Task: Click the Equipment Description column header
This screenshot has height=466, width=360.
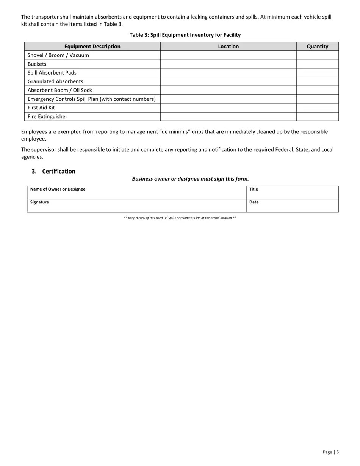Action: (92, 46)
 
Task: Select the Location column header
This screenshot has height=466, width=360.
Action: (228, 46)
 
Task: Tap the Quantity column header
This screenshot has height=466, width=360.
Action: (317, 46)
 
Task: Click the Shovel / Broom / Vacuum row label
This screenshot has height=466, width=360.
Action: (58, 55)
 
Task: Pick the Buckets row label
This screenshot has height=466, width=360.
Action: (37, 64)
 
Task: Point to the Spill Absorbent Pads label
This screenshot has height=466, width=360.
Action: (52, 73)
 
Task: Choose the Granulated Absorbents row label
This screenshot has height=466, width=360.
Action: (55, 81)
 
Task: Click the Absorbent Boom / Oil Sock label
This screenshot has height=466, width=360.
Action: (60, 90)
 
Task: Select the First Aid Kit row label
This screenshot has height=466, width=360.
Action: (41, 108)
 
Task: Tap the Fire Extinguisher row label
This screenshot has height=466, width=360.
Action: (47, 116)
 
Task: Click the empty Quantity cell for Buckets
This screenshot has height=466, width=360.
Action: (317, 64)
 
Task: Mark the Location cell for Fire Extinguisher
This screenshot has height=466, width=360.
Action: (228, 116)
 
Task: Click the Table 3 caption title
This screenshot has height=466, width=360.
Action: (185, 35)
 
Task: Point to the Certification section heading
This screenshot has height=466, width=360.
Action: (58, 171)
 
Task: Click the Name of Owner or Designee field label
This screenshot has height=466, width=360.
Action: (58, 189)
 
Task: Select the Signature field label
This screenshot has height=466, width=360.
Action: (39, 202)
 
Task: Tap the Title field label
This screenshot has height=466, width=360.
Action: (254, 189)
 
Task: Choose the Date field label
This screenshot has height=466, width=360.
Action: (254, 202)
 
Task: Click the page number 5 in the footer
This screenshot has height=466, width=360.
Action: (337, 452)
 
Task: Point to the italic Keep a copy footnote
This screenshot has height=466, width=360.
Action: (180, 218)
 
